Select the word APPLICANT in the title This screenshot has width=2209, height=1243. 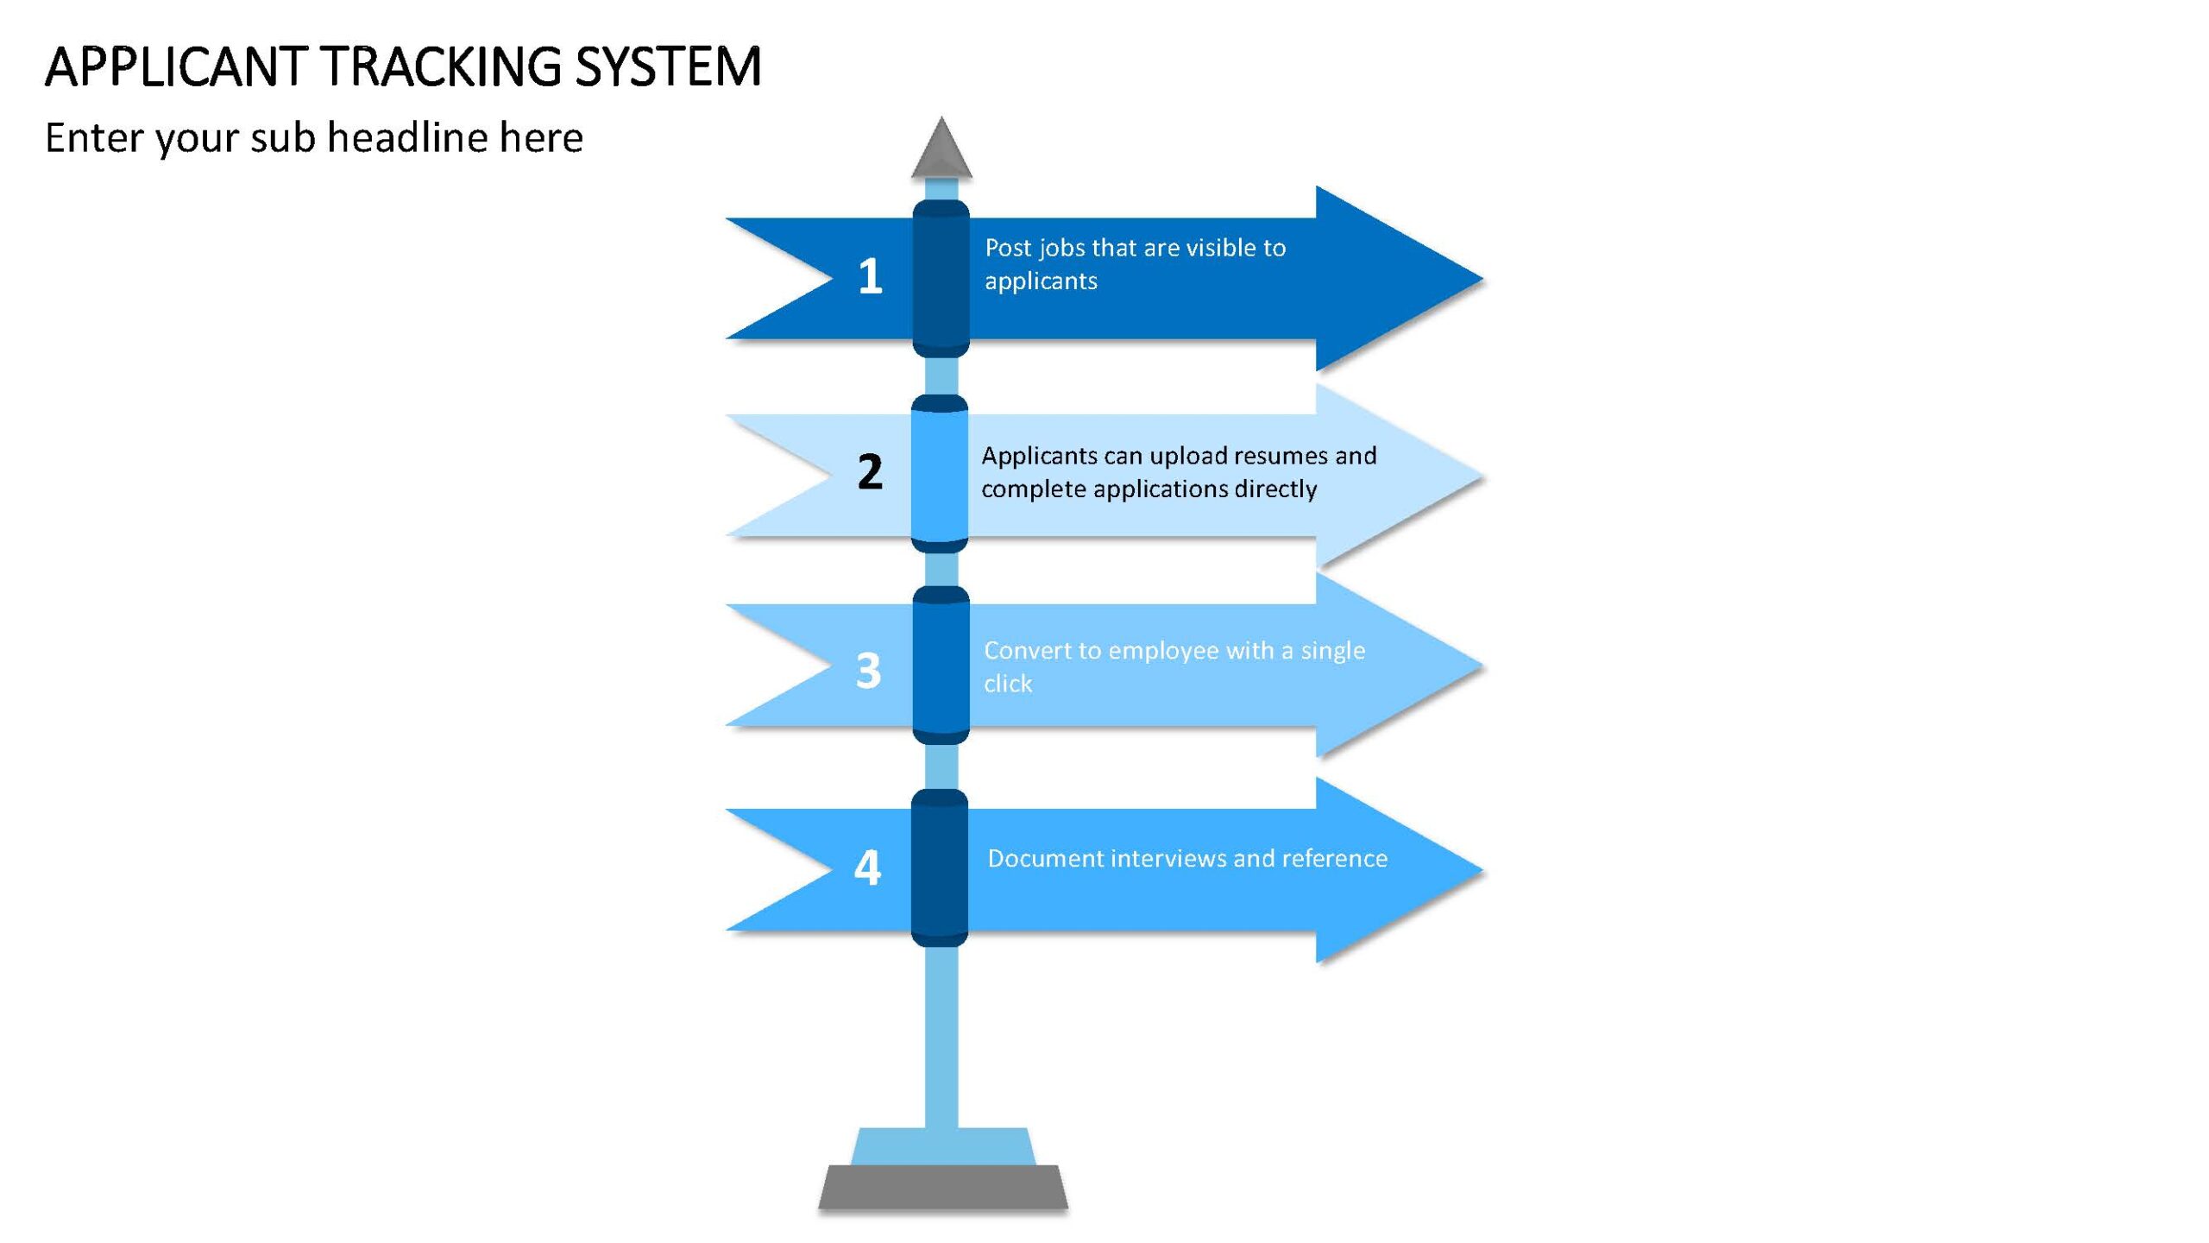[176, 66]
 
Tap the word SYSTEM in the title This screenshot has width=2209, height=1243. [668, 66]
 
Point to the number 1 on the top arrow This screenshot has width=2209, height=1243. [870, 276]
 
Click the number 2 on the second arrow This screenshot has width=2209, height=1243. [870, 472]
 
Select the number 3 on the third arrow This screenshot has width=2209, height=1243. [868, 670]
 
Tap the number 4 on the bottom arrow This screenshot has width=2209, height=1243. [868, 868]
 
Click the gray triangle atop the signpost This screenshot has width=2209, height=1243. [941, 148]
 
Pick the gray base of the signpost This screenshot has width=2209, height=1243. [943, 1187]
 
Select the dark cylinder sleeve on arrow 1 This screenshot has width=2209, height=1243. [941, 279]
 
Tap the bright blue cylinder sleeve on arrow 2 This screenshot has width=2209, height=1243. [940, 474]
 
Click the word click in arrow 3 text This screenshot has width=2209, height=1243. [1008, 684]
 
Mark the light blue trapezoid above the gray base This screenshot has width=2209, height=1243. [942, 1146]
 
